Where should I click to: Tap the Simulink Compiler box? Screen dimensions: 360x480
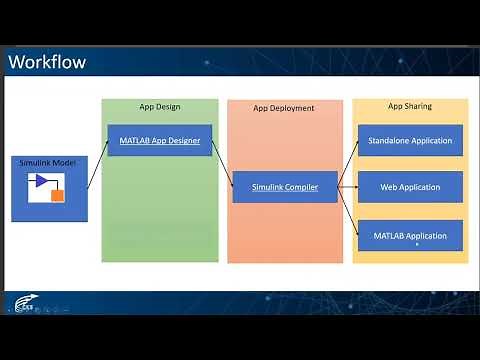pyautogui.click(x=284, y=187)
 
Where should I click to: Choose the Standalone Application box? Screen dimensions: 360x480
pyautogui.click(x=410, y=141)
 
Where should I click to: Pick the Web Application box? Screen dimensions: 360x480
pyautogui.click(x=410, y=187)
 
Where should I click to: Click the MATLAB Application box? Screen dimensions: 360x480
pyautogui.click(x=410, y=235)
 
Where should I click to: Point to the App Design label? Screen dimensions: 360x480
pyautogui.click(x=160, y=107)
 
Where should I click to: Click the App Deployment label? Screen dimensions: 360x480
pyautogui.click(x=284, y=108)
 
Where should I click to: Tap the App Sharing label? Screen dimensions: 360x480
pyautogui.click(x=410, y=106)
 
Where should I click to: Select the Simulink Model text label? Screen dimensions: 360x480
pyautogui.click(x=47, y=162)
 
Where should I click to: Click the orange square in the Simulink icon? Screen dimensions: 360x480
pyautogui.click(x=58, y=195)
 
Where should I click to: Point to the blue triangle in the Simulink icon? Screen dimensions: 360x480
pyautogui.click(x=43, y=181)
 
